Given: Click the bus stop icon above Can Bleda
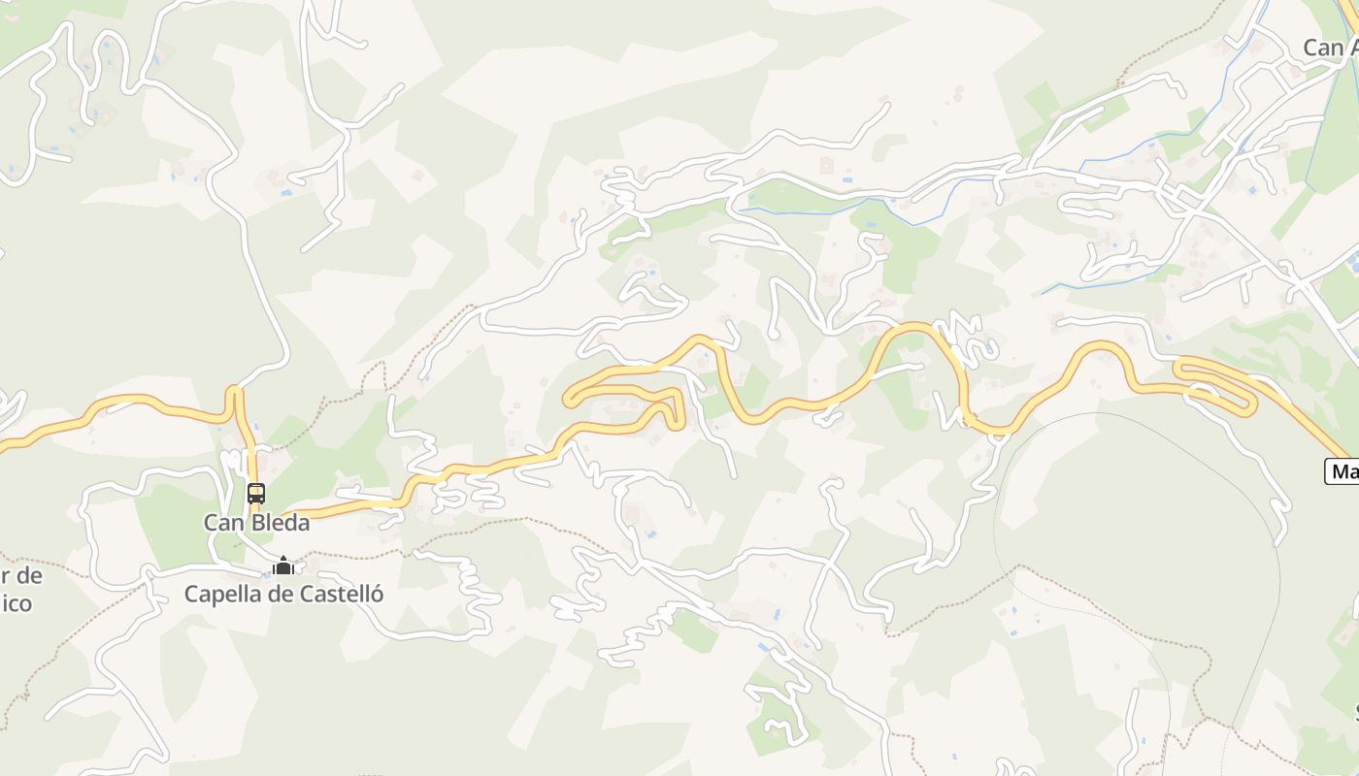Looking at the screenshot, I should (x=256, y=494).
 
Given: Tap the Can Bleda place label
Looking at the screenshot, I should (x=256, y=523).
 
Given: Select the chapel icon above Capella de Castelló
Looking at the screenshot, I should (x=283, y=566).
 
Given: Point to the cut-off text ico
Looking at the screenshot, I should (x=17, y=603).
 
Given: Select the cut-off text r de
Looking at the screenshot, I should (x=21, y=575).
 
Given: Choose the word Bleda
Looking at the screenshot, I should (x=278, y=523).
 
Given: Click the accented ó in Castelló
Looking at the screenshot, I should (x=377, y=593).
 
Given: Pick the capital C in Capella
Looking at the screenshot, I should (x=192, y=594).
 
